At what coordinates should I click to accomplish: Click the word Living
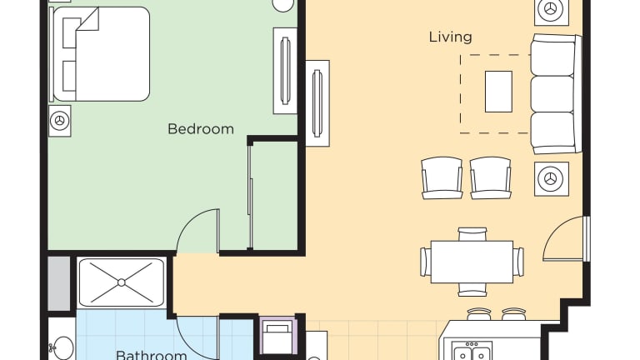coord(450,37)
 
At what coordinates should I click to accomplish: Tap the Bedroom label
coord(200,129)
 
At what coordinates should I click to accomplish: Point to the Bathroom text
coord(152,355)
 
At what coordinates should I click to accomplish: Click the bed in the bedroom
coord(99,54)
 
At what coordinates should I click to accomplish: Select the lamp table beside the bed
coord(60,121)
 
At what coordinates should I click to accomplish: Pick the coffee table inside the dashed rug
coord(498,92)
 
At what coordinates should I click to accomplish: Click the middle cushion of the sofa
coord(552,94)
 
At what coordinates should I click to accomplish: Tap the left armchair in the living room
coord(442,178)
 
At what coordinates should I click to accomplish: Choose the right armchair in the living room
coord(490,178)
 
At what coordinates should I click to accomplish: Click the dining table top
coord(472,262)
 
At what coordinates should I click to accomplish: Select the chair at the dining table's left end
coord(425,262)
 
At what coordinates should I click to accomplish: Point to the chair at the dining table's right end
coord(519,262)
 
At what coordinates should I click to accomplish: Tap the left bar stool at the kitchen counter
coord(479,314)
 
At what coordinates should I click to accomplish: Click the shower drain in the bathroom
coord(121,282)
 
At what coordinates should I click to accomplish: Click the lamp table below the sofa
coord(552,179)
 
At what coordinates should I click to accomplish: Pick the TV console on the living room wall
coord(317,103)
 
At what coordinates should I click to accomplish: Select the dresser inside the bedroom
coord(285,71)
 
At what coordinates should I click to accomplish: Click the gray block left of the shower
coord(59,283)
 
